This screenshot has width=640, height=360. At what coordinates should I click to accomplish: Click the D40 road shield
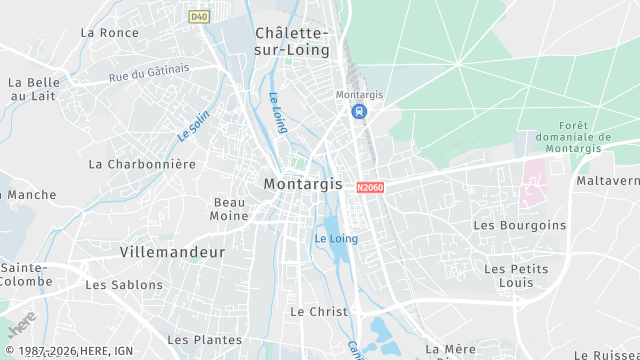click(x=198, y=16)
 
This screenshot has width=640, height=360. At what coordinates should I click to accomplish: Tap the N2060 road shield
click(x=369, y=187)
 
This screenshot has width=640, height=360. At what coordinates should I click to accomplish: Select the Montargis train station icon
click(x=358, y=111)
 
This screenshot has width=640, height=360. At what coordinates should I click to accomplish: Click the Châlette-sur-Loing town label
click(x=298, y=41)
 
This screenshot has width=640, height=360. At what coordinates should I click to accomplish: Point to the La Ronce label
click(x=110, y=32)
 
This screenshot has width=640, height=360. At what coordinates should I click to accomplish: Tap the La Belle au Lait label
click(x=34, y=89)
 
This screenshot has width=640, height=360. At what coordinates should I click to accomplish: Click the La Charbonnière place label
click(x=142, y=163)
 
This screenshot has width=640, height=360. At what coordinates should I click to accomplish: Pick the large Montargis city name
click(x=302, y=184)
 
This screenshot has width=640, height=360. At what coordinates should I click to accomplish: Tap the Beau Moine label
click(x=230, y=209)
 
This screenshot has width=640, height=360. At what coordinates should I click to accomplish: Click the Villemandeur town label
click(x=172, y=252)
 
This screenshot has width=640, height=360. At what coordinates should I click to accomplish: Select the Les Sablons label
click(x=124, y=285)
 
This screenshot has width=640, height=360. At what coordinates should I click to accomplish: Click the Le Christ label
click(x=319, y=312)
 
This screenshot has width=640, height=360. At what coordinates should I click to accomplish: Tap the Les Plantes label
click(x=204, y=341)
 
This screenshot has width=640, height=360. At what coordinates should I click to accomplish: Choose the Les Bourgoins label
click(x=519, y=225)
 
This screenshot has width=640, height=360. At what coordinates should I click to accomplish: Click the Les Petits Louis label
click(x=515, y=277)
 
